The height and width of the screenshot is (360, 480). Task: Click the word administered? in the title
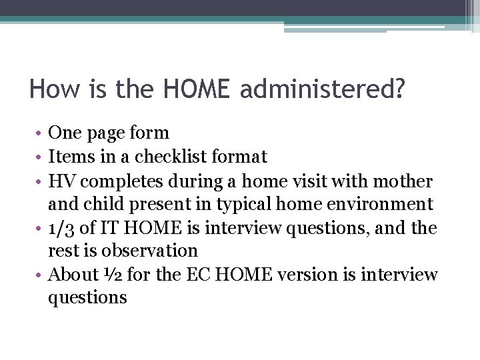pos(322,89)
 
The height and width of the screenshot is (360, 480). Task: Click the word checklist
pos(169,157)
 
